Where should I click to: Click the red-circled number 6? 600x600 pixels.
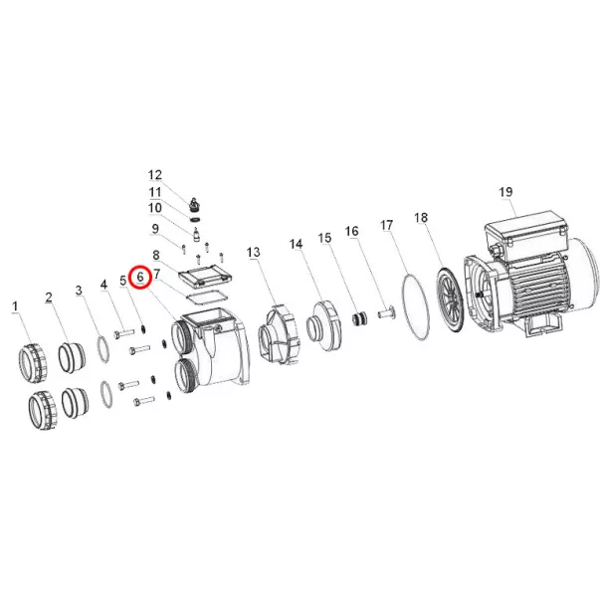tap(140, 277)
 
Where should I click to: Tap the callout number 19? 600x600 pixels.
tap(505, 192)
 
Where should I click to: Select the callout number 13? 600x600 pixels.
tap(254, 252)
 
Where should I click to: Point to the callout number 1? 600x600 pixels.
tap(15, 306)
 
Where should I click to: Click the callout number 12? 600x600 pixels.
tap(155, 175)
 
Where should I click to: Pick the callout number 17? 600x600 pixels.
tap(387, 225)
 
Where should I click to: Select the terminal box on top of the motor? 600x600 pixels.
tap(527, 232)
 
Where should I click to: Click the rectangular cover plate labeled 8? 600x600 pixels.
tap(206, 277)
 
